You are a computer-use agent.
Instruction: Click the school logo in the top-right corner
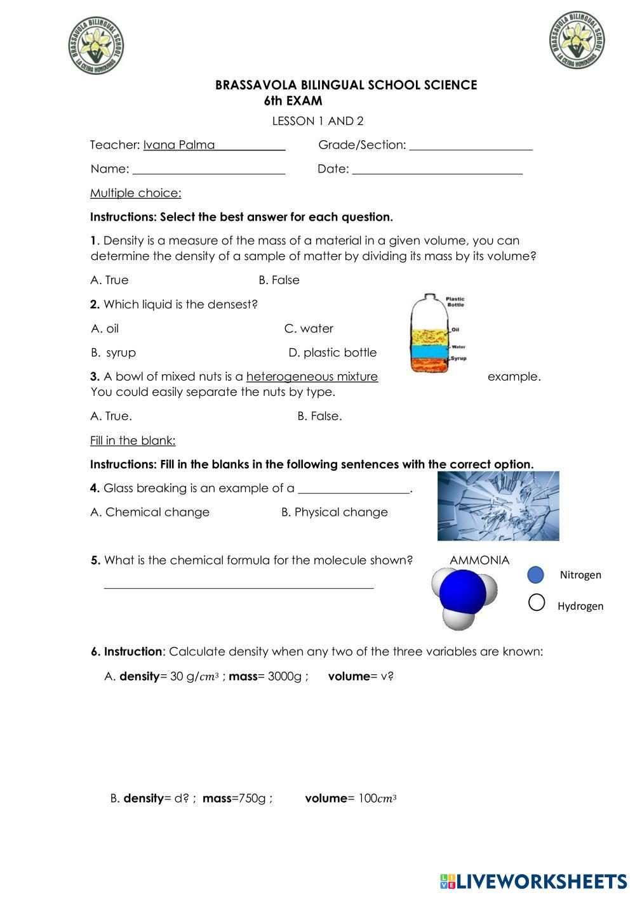pos(577,39)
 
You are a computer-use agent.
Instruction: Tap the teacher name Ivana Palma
pos(179,145)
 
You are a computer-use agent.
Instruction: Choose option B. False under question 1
pos(279,280)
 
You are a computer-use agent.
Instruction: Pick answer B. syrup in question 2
pos(114,353)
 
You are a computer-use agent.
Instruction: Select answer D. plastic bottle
pos(332,353)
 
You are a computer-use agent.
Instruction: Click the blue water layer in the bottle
pos(429,350)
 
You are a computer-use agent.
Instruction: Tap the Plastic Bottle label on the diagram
pos(455,301)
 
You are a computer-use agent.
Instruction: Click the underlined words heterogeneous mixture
pos(312,377)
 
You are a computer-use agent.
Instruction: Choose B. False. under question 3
pos(319,417)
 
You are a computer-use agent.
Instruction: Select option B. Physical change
pos(334,513)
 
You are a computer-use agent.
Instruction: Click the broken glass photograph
pos(498,506)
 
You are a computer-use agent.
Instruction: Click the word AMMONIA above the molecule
pos(479,560)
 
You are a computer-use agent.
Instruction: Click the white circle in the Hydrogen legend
pos(537,603)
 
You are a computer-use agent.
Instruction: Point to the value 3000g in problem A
pos(285,676)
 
